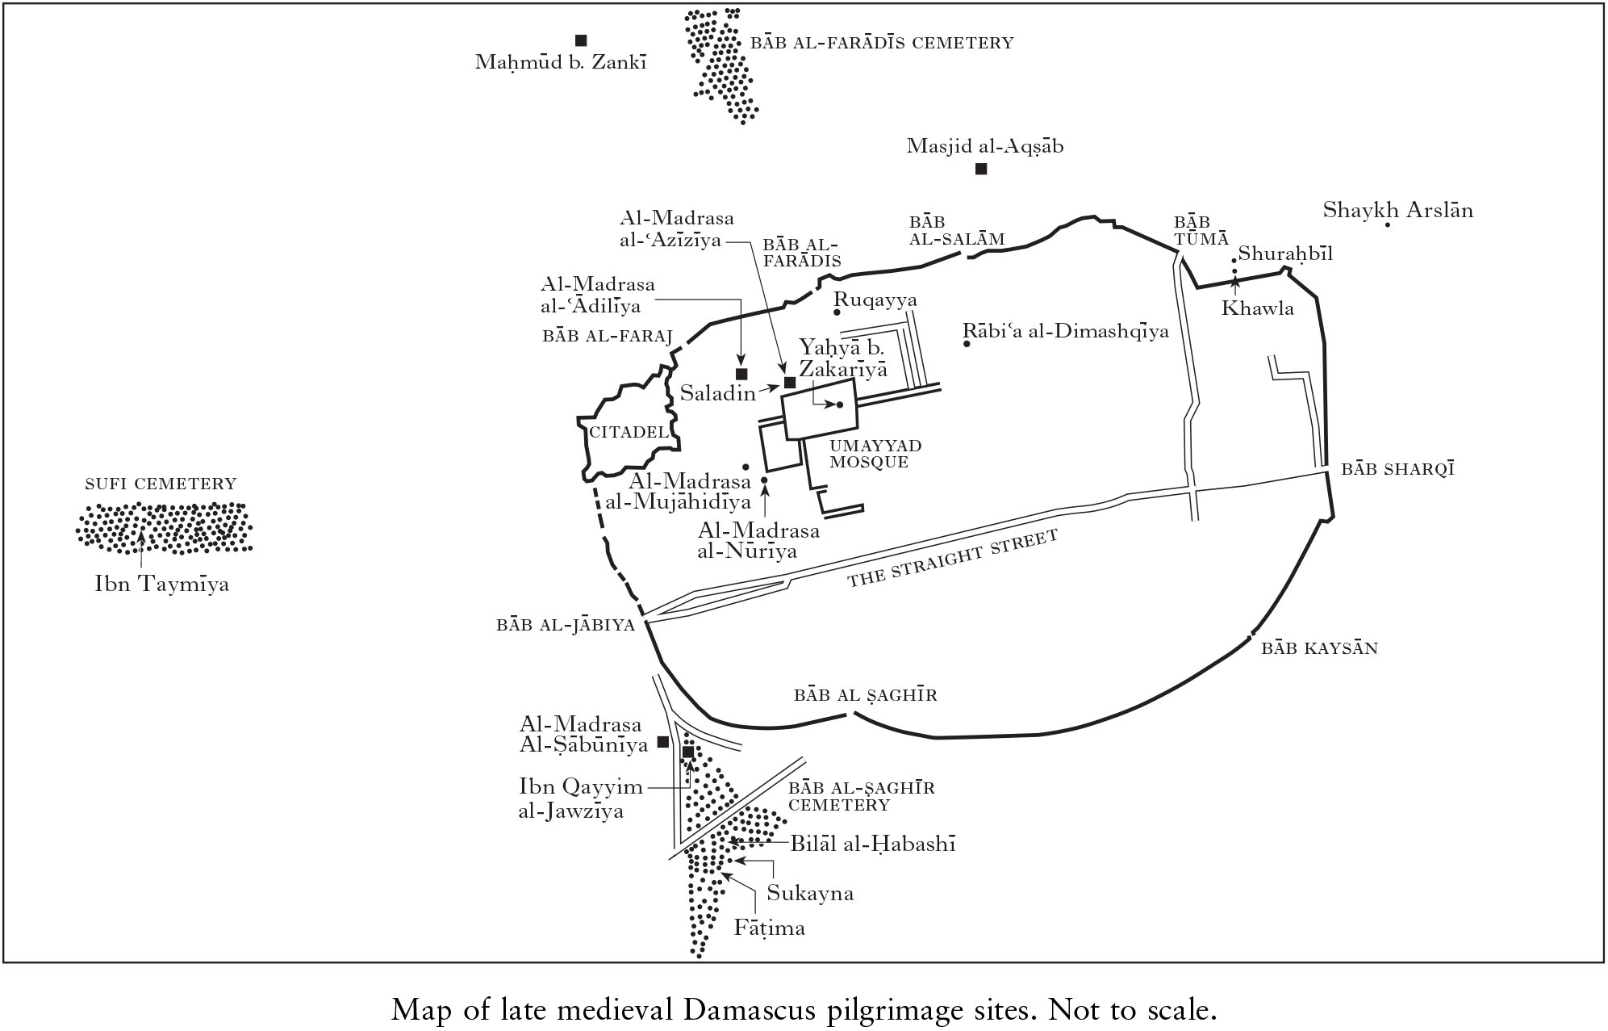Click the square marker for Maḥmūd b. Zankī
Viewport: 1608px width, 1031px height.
click(580, 40)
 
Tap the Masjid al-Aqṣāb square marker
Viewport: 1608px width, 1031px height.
click(981, 169)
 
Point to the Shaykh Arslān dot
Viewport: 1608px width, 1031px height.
click(1388, 224)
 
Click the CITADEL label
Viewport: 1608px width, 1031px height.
click(629, 432)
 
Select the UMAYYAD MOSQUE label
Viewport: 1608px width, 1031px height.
click(875, 455)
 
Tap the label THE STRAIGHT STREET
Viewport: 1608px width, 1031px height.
click(952, 559)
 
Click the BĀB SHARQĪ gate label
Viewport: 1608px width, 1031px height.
click(1397, 469)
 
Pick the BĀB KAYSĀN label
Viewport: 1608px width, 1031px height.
click(1319, 648)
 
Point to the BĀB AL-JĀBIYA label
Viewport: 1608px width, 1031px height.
click(566, 625)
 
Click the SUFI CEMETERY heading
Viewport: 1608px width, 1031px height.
click(161, 484)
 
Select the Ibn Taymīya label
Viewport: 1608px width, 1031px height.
click(161, 584)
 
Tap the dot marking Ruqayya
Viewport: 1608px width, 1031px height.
click(837, 312)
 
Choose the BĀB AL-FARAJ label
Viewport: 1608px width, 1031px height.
click(608, 337)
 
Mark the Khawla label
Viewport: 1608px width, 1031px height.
click(1257, 308)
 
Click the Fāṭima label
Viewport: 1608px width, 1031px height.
click(769, 928)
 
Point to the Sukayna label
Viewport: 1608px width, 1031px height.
click(810, 894)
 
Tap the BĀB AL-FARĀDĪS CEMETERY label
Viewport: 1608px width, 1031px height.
click(882, 43)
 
